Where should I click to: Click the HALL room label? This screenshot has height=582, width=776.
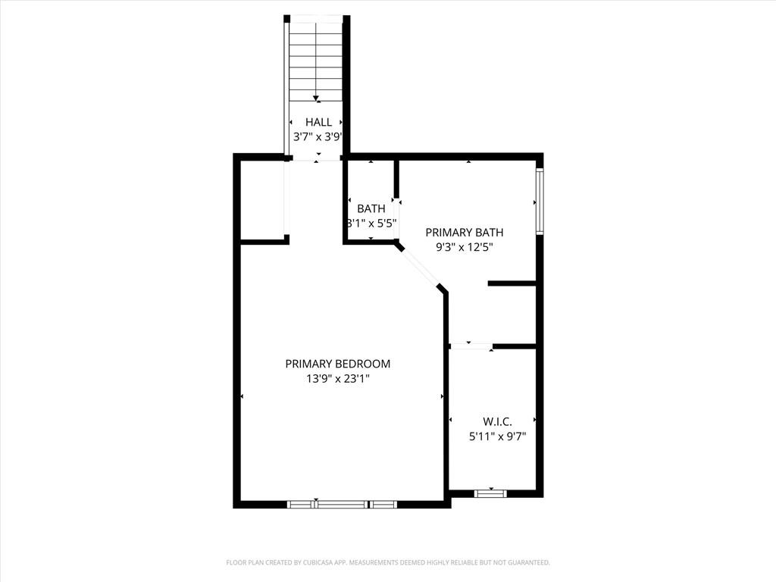coord(318,122)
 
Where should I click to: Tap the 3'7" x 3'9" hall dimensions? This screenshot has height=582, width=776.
coord(318,137)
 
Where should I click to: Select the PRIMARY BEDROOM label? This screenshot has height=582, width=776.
coord(338,364)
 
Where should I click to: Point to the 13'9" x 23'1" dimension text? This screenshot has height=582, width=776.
coord(338,379)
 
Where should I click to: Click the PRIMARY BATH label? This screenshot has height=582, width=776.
coord(465,232)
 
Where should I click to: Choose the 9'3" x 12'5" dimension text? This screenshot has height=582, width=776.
coord(465,247)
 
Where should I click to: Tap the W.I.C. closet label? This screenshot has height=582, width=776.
coord(497,421)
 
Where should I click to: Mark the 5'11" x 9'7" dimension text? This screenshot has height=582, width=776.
coord(497,436)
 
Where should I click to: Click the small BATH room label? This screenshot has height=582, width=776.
coord(371,208)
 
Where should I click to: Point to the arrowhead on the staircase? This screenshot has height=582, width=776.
coord(316,98)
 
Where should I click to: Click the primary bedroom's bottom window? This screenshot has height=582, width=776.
coord(342,504)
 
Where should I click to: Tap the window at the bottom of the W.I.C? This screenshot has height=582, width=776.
coord(491,493)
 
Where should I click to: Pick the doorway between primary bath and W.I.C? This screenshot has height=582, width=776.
coord(471,346)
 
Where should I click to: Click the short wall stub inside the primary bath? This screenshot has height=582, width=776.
coord(512,283)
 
